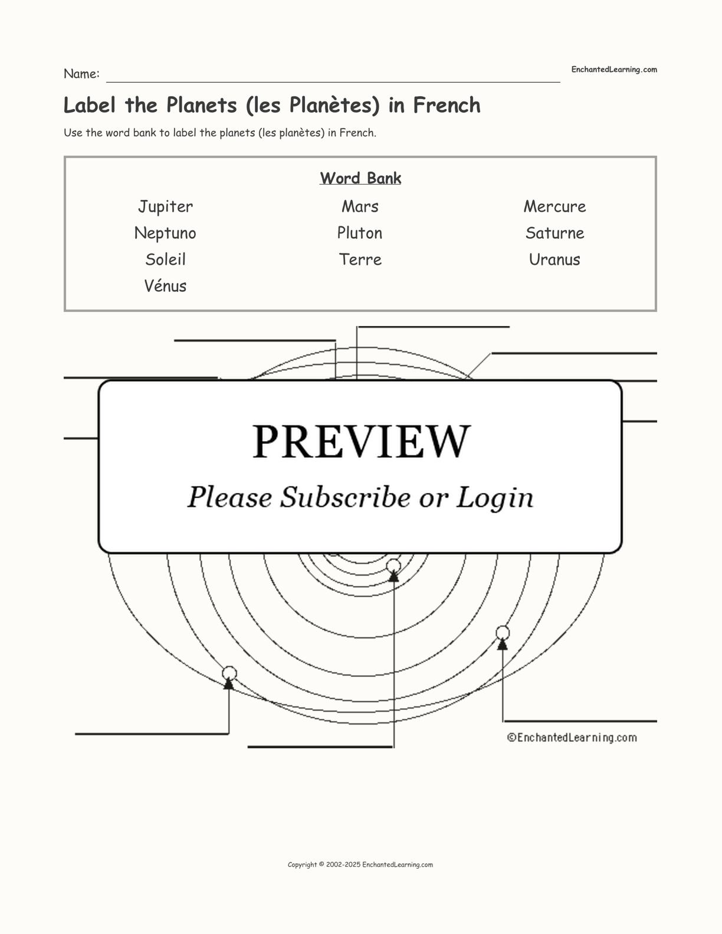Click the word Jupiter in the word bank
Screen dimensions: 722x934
165,207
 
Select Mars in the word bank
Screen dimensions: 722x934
360,207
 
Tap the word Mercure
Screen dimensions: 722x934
554,207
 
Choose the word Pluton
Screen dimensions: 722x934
359,233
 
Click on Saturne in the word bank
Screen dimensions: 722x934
554,233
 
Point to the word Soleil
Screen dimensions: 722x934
165,259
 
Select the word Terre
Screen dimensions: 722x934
360,259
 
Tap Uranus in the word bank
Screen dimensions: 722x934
554,259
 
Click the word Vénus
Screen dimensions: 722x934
165,286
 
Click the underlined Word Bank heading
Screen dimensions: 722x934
360,179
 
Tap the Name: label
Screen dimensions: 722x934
81,74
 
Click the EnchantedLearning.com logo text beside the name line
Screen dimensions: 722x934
614,70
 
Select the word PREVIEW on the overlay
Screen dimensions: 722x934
361,442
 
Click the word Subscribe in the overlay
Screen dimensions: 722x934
345,498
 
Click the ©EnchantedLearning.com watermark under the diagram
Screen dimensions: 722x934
572,738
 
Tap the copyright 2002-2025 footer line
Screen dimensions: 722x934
360,865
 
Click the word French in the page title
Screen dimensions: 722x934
447,106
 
